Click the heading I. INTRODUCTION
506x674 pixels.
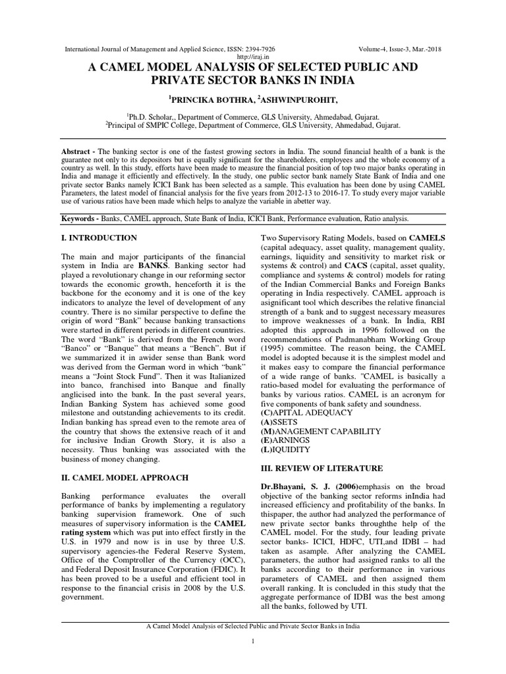pos(99,238)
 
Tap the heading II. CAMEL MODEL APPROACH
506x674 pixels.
pos(125,477)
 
